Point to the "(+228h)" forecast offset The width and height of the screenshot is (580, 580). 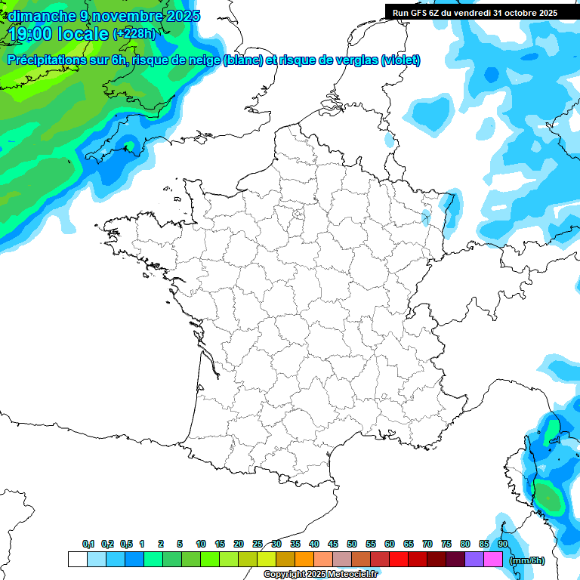(134, 33)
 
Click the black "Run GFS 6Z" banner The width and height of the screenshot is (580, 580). (474, 12)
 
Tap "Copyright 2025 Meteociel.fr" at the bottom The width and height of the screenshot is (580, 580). (320, 574)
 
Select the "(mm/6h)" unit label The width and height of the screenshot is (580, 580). (528, 560)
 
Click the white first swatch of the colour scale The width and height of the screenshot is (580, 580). (77, 559)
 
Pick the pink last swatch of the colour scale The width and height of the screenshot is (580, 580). (493, 559)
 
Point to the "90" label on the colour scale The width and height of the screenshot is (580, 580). (502, 544)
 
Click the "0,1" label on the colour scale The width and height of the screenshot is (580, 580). (88, 544)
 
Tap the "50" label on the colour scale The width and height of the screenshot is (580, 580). (352, 544)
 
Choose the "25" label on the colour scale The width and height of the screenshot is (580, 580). (258, 544)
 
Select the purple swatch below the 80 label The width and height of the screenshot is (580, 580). (474, 559)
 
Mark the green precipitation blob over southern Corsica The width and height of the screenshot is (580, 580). (549, 499)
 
